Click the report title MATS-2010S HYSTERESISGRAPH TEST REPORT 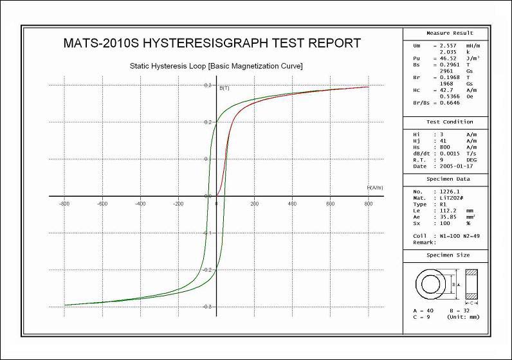pyautogui.click(x=212, y=44)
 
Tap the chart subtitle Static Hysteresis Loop pyautogui.click(x=216, y=66)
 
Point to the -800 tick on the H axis pyautogui.click(x=64, y=204)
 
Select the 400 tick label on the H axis pyautogui.click(x=292, y=204)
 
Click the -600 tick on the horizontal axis pyautogui.click(x=102, y=204)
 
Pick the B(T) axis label pyautogui.click(x=225, y=87)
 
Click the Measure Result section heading pyautogui.click(x=450, y=33)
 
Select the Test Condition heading pyautogui.click(x=450, y=122)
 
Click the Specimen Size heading pyautogui.click(x=450, y=255)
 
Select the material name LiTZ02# pyautogui.click(x=450, y=198)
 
